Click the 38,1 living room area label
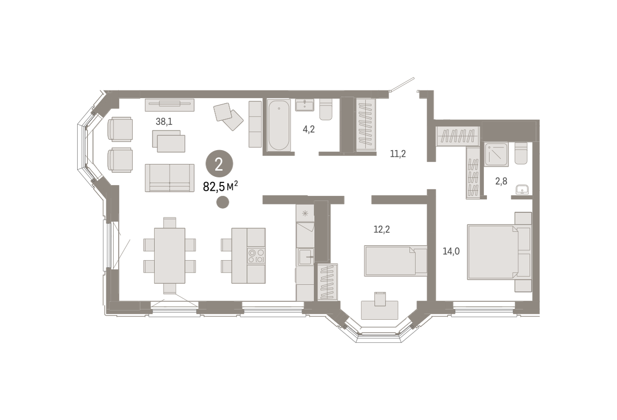(164, 121)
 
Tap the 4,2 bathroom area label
(308, 129)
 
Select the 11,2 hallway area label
(398, 154)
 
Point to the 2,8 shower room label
(501, 181)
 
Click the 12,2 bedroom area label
(382, 229)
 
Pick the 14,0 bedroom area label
(451, 251)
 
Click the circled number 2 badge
(219, 164)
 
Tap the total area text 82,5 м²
(221, 187)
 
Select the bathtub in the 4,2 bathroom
(279, 125)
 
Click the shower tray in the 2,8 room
(496, 154)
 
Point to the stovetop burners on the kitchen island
(256, 256)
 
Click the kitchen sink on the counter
(305, 257)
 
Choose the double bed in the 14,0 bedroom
(499, 252)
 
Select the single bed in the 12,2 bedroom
(395, 261)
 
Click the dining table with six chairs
(170, 255)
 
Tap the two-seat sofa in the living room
(170, 178)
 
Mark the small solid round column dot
(223, 203)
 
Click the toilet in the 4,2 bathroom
(326, 109)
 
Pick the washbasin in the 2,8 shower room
(522, 190)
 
